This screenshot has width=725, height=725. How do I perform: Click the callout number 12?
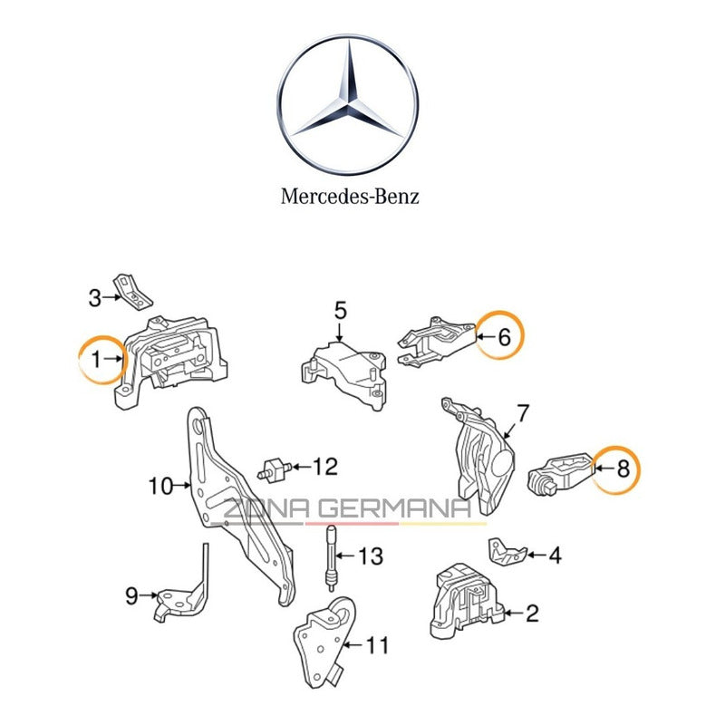[x=324, y=467]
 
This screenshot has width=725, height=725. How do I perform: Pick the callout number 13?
[x=371, y=556]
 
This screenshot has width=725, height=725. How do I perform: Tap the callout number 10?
[x=159, y=487]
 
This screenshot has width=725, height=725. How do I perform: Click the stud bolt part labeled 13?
[x=333, y=554]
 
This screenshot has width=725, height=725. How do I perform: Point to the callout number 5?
[x=340, y=312]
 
